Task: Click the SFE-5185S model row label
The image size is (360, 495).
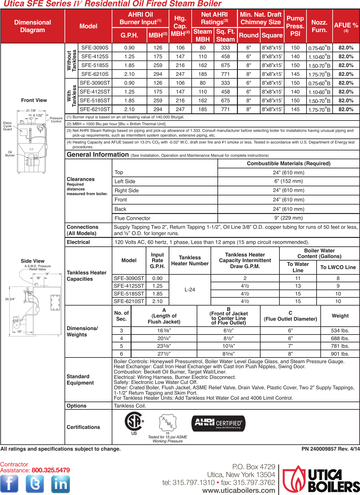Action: pos(95,65)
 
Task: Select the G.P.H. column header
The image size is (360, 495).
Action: pos(129,35)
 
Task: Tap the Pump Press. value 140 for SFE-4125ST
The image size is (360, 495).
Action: pos(295,92)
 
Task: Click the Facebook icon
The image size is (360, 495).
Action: pos(9,484)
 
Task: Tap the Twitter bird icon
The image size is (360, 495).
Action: pos(35,484)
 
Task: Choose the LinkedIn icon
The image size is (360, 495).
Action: pos(60,484)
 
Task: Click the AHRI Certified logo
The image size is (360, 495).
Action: pos(218,423)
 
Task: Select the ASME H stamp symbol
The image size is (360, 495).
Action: pos(167,423)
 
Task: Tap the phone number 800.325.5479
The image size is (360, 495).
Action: pos(51,470)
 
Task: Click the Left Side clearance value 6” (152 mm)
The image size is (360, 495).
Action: pos(289,181)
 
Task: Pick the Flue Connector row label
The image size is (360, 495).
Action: pos(132,218)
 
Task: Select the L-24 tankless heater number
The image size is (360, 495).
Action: pos(190,290)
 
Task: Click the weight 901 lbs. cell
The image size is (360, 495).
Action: pos(340,354)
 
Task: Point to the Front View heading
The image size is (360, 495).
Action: pos(34,100)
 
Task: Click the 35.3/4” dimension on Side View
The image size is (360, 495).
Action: pos(10,299)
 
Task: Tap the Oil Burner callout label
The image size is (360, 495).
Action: pos(10,154)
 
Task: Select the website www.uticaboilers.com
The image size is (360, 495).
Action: pos(239,490)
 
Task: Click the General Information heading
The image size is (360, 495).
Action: pos(98,155)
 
